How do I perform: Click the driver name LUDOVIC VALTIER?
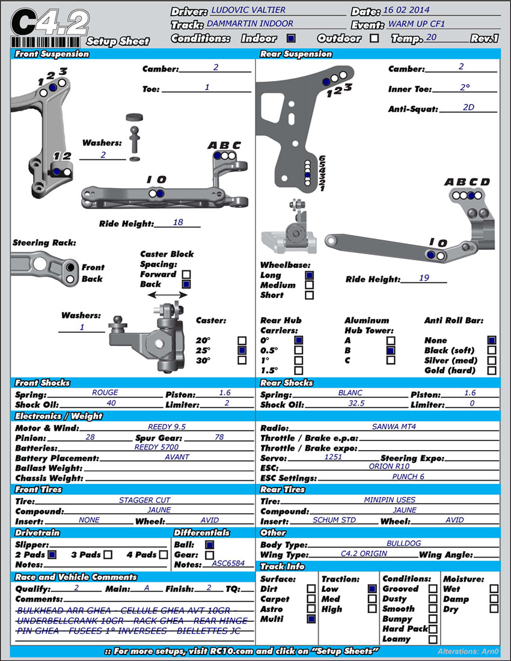point(248,10)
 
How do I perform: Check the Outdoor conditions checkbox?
point(375,38)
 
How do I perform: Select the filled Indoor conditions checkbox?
point(290,38)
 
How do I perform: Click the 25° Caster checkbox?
point(242,350)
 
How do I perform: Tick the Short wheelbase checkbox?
point(310,295)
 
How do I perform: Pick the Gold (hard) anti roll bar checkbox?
point(492,370)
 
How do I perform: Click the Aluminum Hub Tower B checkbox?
point(391,350)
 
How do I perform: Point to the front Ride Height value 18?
point(177,222)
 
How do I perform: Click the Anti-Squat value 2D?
point(468,108)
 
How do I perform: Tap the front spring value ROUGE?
point(105,392)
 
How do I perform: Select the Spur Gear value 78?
point(219,437)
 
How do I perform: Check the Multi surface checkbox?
point(311,618)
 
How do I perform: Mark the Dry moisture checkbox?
point(494,608)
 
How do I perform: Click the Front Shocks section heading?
point(43,383)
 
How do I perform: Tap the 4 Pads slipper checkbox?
point(163,554)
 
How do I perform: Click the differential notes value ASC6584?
point(228,564)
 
